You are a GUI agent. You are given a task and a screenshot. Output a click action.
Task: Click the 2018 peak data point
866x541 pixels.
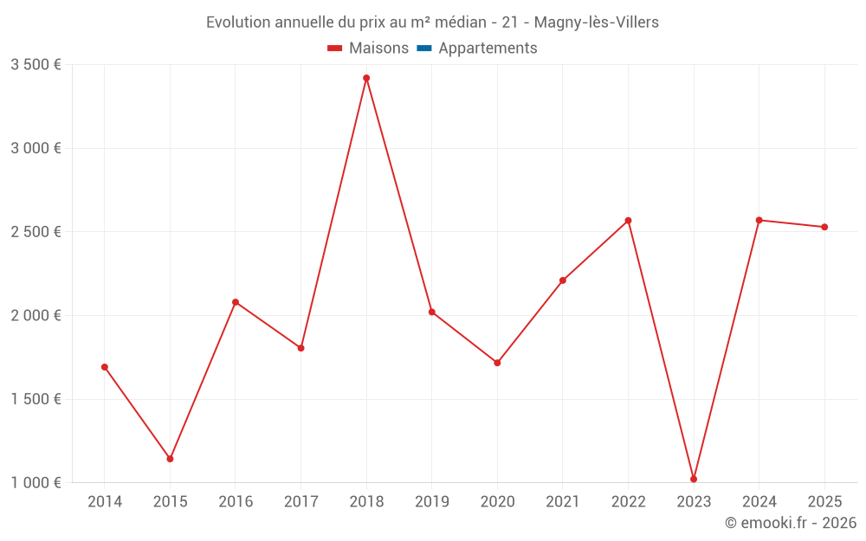click(x=366, y=78)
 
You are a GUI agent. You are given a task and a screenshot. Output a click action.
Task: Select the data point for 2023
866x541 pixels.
click(x=694, y=479)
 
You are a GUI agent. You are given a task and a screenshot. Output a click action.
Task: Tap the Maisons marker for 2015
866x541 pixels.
click(x=170, y=459)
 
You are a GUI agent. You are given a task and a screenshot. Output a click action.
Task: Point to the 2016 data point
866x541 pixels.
click(x=236, y=302)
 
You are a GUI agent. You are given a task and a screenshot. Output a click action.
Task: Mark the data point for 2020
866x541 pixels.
click(x=497, y=363)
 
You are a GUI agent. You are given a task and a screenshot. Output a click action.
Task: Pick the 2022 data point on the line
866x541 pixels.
click(x=629, y=221)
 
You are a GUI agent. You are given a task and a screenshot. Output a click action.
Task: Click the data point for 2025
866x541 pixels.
click(x=824, y=227)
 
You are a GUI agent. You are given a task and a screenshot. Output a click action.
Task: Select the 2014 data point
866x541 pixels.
click(x=105, y=367)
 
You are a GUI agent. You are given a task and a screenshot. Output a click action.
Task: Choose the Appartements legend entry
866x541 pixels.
click(x=488, y=48)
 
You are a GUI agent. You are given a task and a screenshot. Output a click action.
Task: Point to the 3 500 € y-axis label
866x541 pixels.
click(x=36, y=65)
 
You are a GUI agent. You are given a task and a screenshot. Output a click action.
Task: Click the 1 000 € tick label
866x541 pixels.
click(x=36, y=483)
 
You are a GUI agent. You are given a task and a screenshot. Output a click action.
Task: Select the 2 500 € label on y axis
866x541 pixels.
click(x=36, y=232)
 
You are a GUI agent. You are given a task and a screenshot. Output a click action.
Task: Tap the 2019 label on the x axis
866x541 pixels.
click(x=432, y=501)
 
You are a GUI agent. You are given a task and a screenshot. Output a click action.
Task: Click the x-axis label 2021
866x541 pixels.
click(x=563, y=501)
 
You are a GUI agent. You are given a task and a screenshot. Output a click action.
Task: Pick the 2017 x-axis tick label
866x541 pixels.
click(x=301, y=501)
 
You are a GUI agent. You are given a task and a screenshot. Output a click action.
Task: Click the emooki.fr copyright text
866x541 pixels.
click(x=791, y=523)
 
